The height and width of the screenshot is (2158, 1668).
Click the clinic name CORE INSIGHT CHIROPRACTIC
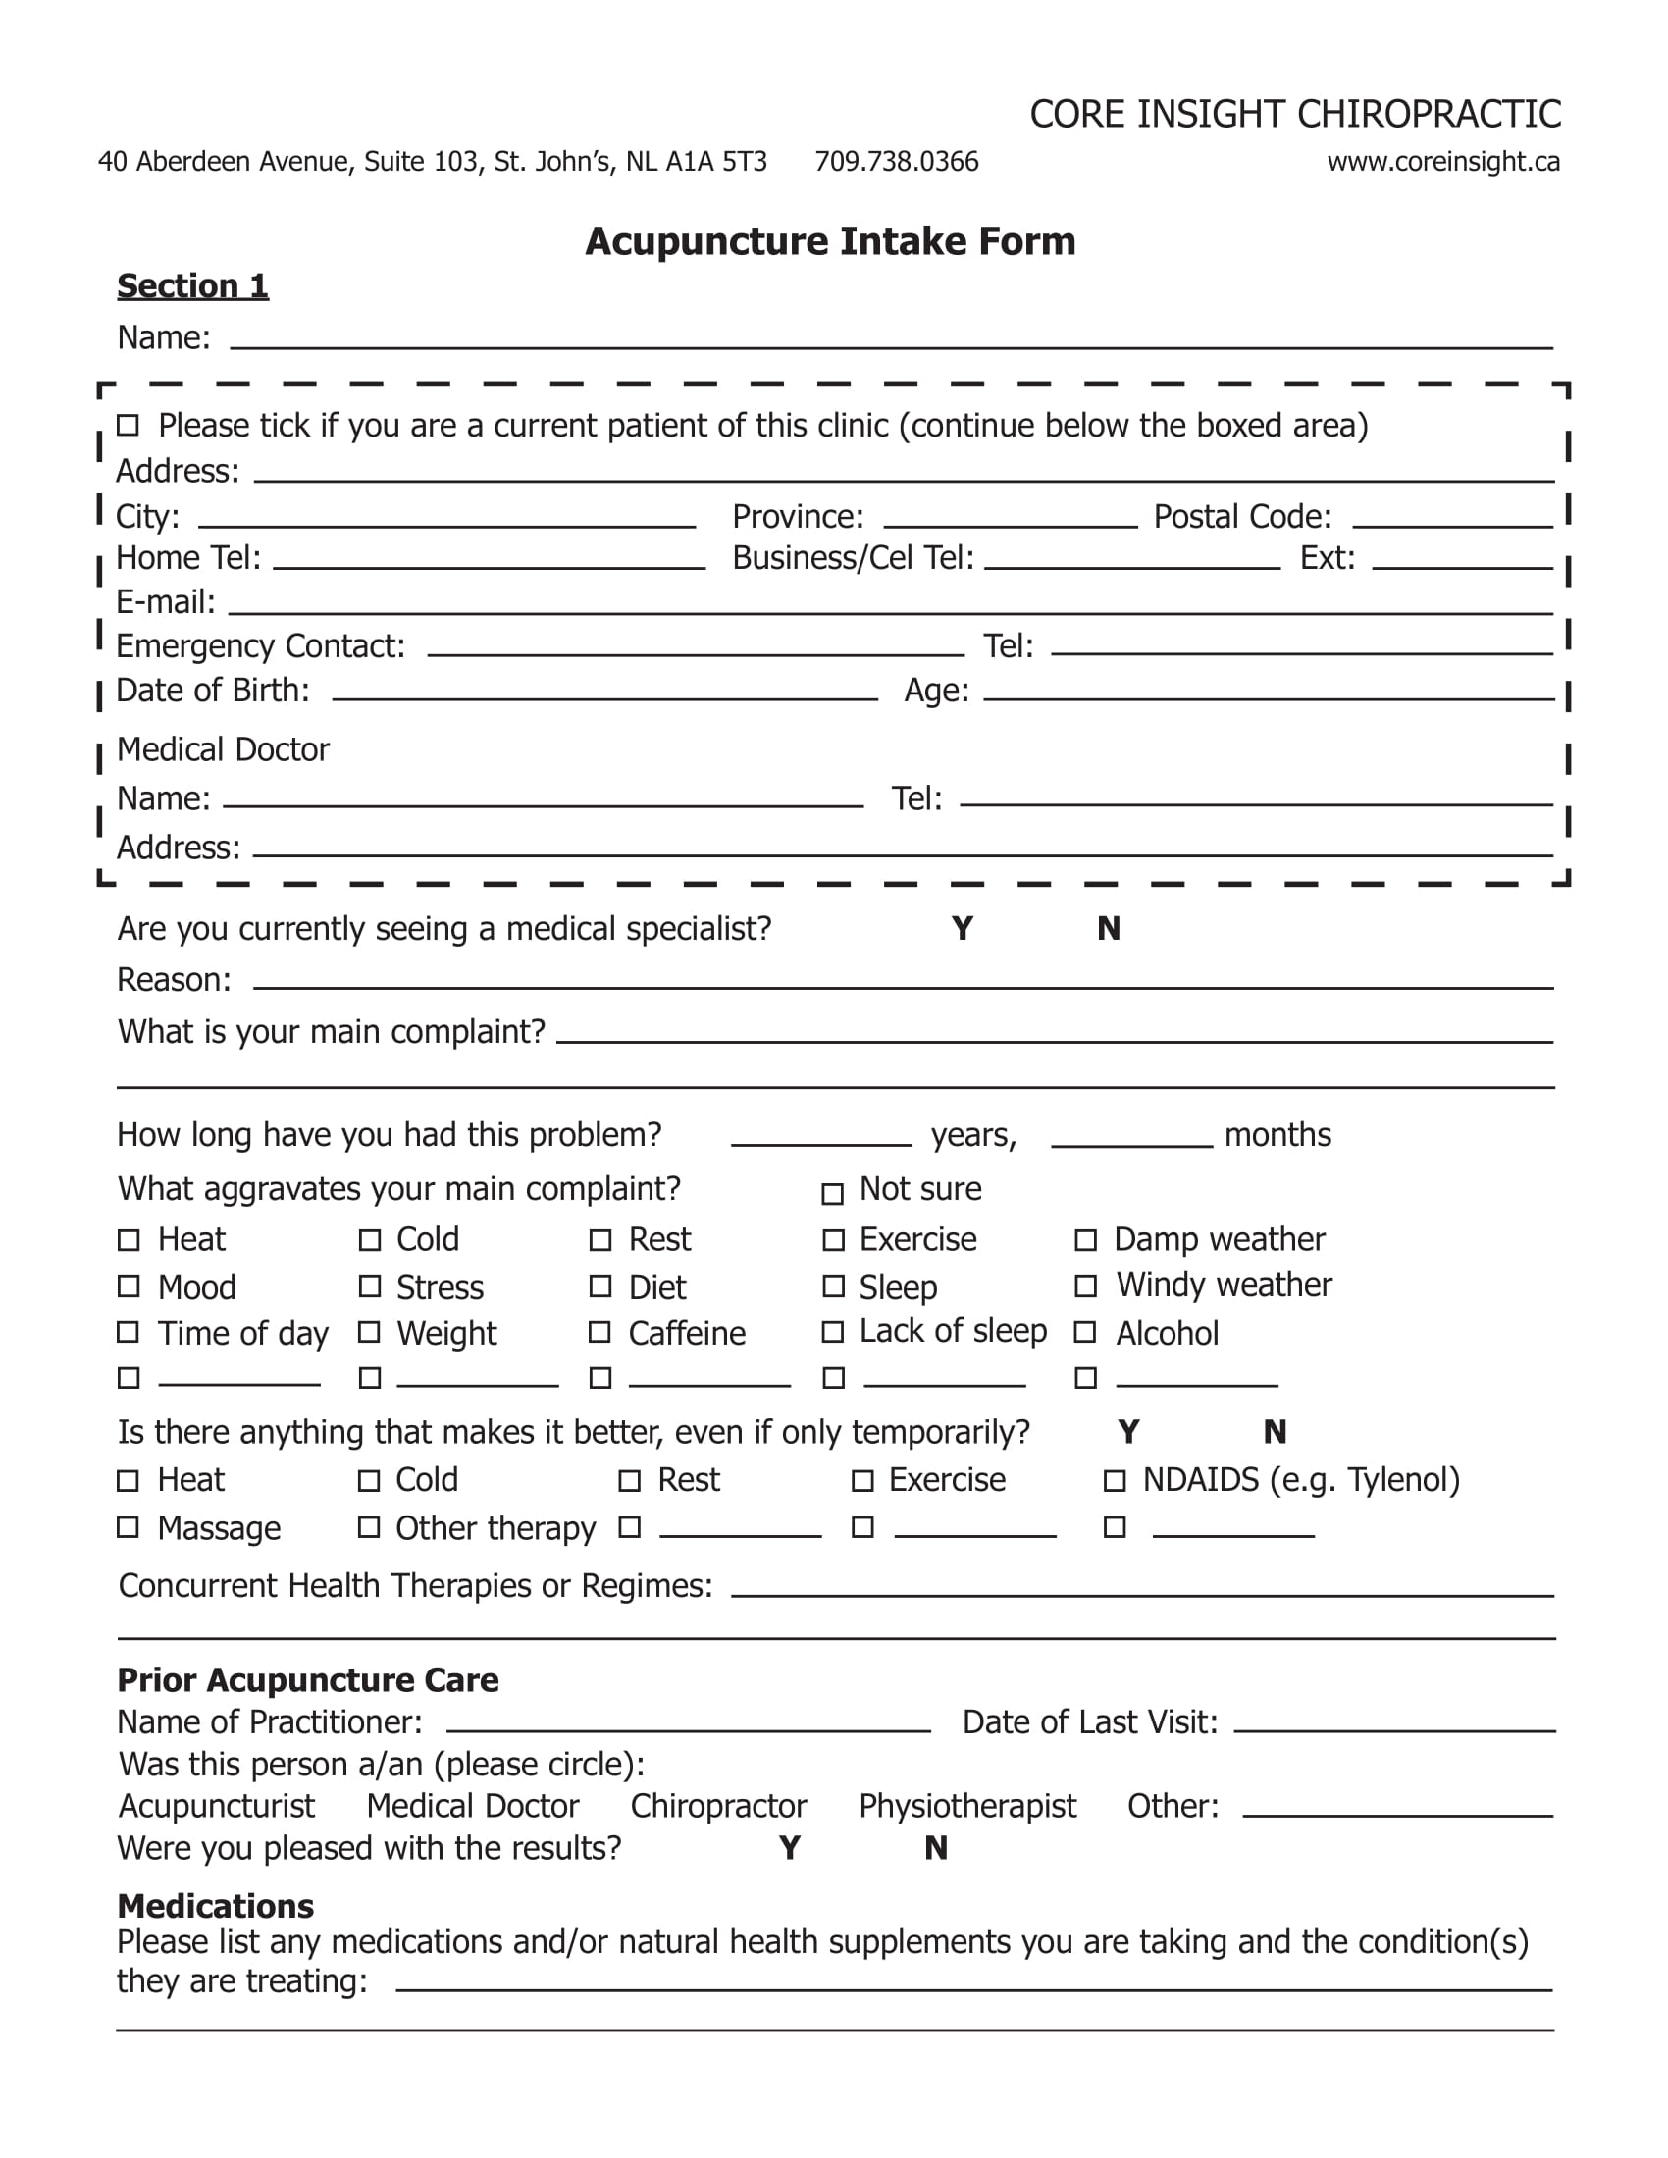coord(1294,115)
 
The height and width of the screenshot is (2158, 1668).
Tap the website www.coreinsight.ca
coord(1442,162)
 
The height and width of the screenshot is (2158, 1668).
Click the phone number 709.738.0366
coord(896,162)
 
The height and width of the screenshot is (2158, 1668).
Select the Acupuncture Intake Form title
coord(830,242)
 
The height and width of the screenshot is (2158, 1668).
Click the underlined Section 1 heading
coord(192,286)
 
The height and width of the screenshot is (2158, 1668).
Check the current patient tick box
coord(128,426)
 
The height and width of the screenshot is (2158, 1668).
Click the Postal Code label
coord(1242,517)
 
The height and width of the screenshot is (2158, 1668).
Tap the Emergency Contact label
coord(261,646)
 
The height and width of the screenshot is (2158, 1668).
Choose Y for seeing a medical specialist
coord(963,929)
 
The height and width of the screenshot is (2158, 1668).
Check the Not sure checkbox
coord(833,1194)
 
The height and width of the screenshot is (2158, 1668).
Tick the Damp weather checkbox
coord(1086,1240)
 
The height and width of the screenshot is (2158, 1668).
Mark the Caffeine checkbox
coord(599,1333)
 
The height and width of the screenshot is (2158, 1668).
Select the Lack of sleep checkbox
coord(833,1332)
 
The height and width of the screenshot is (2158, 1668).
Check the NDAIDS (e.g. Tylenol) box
coord(1115,1481)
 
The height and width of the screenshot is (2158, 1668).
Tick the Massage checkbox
coord(128,1527)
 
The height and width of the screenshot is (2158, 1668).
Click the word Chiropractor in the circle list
coord(718,1806)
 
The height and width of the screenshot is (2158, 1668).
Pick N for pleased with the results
coord(936,1849)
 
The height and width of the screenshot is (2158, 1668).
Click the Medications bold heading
coord(216,1906)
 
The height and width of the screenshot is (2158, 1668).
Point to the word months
coord(1277,1135)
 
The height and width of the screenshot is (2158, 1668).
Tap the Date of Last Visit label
coord(1090,1722)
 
